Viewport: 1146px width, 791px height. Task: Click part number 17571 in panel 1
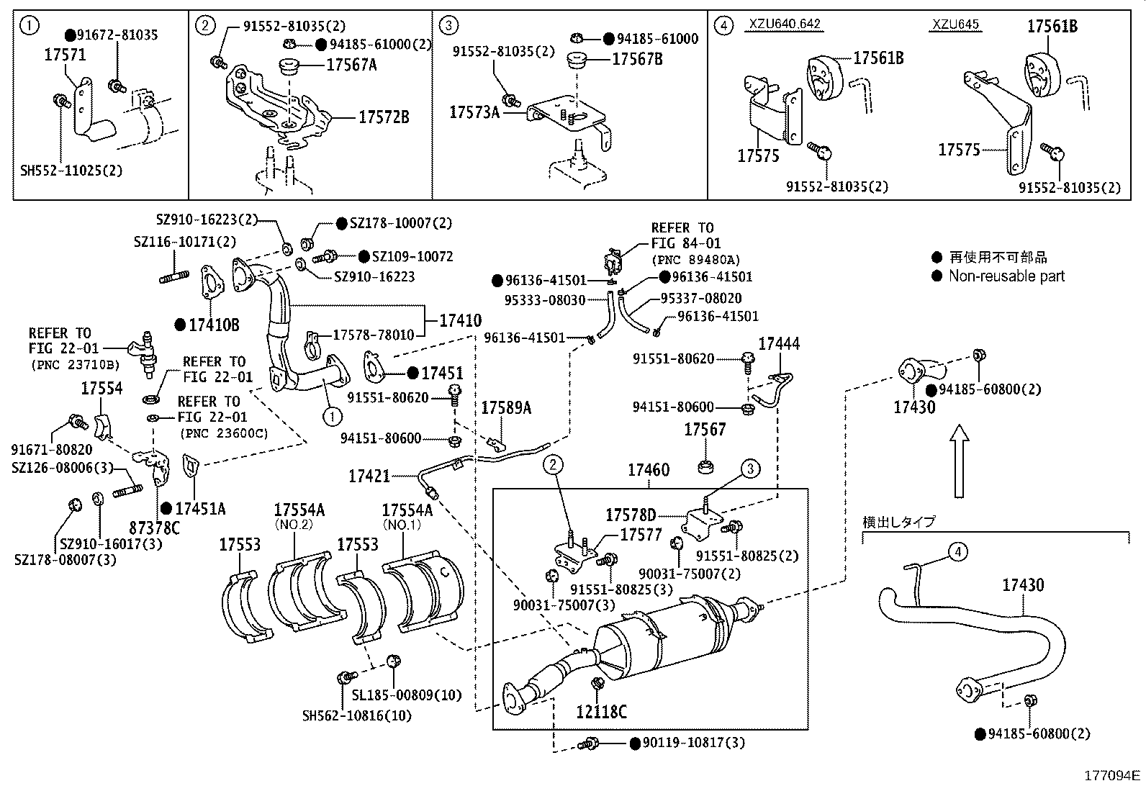point(65,54)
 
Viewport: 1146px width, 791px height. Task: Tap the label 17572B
point(384,117)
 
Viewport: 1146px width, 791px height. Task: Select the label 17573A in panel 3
point(474,112)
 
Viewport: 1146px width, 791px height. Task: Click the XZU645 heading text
point(955,24)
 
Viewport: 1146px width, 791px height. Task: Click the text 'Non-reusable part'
point(1006,276)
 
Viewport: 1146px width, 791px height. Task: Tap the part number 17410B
point(214,325)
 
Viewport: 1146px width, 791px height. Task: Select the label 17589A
point(506,408)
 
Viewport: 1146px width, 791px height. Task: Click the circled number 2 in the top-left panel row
point(206,27)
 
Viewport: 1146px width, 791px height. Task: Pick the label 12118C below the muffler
point(601,713)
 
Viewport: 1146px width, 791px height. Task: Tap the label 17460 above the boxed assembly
point(648,470)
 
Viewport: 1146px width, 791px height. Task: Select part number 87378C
point(155,528)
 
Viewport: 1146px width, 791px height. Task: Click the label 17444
point(779,344)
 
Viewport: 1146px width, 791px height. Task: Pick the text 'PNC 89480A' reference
point(695,260)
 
